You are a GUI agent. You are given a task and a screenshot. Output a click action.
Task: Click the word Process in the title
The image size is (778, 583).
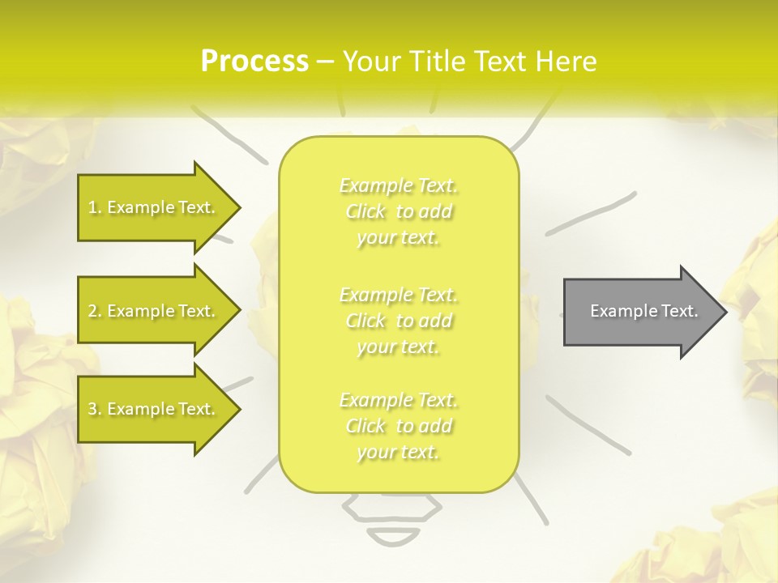pos(254,61)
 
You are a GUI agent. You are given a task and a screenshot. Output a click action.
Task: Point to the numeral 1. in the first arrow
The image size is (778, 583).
pos(95,207)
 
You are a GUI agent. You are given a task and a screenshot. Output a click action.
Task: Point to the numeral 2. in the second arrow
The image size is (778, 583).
pos(95,311)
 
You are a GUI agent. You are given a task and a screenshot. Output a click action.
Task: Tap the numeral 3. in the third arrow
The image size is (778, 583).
pos(95,409)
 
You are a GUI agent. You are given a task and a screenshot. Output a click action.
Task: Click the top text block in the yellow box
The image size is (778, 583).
pos(399,211)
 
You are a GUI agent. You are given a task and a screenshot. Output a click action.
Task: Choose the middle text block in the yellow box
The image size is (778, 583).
pos(399,321)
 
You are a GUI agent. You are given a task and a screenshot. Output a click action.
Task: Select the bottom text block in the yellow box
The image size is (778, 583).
pos(399,426)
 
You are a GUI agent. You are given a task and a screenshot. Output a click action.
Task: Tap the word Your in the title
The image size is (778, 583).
pos(372,61)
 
